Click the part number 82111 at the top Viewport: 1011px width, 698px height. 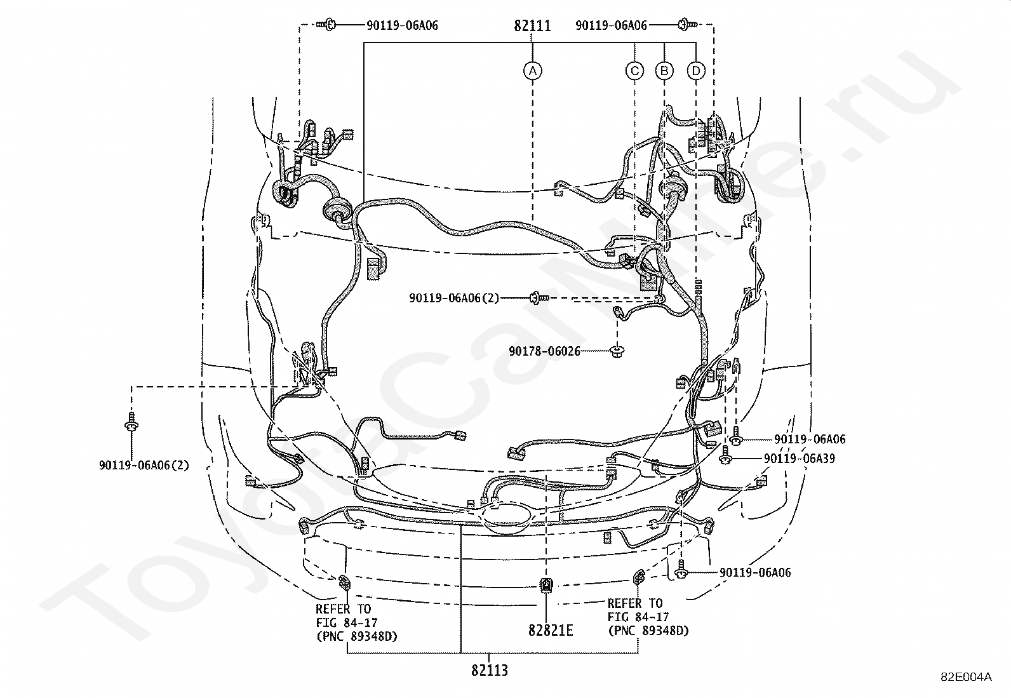(532, 26)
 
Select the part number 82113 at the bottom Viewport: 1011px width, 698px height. (490, 670)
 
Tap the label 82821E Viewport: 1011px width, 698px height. (550, 630)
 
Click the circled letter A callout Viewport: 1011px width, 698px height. (533, 70)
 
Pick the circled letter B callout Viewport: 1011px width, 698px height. (664, 70)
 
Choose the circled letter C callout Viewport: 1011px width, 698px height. (634, 70)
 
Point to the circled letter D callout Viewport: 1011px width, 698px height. (697, 70)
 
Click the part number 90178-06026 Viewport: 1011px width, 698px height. (544, 351)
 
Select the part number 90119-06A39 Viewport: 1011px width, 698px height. (799, 459)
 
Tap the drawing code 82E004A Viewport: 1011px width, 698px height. (966, 676)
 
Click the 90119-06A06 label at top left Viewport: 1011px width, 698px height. (402, 26)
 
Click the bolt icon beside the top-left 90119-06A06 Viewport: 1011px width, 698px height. (329, 25)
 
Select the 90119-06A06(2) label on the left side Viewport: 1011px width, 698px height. (144, 466)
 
